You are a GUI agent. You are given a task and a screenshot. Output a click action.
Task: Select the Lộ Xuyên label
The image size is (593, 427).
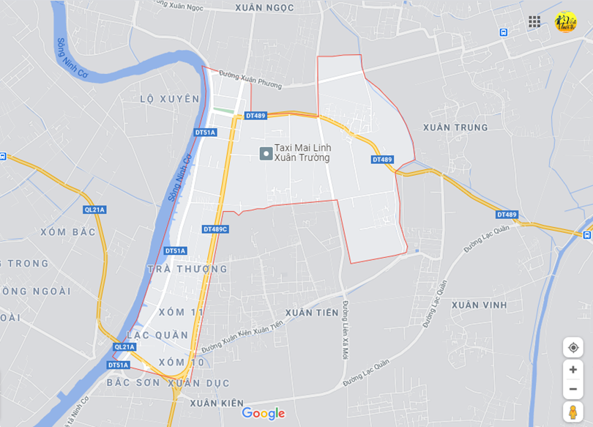coord(169,99)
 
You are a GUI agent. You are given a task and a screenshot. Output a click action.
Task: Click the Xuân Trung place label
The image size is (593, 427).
coord(455,127)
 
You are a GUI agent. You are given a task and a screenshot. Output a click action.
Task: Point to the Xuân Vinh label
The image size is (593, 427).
coord(480,305)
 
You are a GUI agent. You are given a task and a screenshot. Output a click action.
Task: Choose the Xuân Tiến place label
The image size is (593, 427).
coord(312,313)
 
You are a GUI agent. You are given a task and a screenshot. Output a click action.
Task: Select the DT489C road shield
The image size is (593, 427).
coord(216,229)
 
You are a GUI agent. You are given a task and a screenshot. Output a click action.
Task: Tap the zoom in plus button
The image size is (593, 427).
coord(573,370)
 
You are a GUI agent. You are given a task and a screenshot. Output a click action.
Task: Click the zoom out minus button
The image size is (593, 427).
coord(573,388)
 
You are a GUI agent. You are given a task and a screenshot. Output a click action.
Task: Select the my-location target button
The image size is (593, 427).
coord(573,347)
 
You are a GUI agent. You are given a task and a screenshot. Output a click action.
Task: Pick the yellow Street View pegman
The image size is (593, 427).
coord(573,412)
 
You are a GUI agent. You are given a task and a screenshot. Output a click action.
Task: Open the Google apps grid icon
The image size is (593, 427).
coord(534,21)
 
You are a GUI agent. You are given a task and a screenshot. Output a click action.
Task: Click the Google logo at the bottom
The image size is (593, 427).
coord(263,414)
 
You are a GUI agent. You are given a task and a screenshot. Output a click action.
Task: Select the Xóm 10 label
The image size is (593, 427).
coord(182,362)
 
